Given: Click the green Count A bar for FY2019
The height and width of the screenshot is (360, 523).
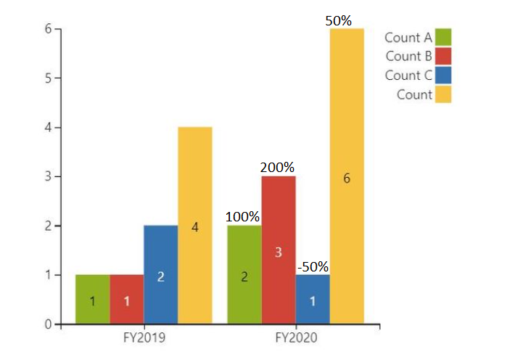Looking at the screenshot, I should [92, 299].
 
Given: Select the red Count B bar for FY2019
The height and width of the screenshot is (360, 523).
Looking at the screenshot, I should [126, 299].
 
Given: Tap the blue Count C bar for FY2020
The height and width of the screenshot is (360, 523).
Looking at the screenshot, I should [313, 299].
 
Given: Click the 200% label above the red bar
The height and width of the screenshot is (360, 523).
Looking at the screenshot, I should [278, 167].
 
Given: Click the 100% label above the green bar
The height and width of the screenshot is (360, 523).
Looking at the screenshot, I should [243, 216].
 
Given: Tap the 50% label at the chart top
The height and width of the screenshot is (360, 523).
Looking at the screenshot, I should [339, 21].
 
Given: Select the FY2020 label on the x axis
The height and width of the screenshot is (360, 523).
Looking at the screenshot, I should [296, 338].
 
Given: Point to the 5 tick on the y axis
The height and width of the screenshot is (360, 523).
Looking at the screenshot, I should [48, 78].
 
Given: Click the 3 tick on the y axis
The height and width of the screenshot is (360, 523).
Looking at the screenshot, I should [48, 176].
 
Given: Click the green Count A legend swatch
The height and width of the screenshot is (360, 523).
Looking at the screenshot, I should [443, 37].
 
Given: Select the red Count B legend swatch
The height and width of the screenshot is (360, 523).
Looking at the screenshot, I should [443, 56].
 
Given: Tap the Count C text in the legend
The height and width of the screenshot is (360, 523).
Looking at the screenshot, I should [408, 75].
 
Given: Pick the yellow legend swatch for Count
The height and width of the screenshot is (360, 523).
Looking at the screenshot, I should [443, 94].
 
